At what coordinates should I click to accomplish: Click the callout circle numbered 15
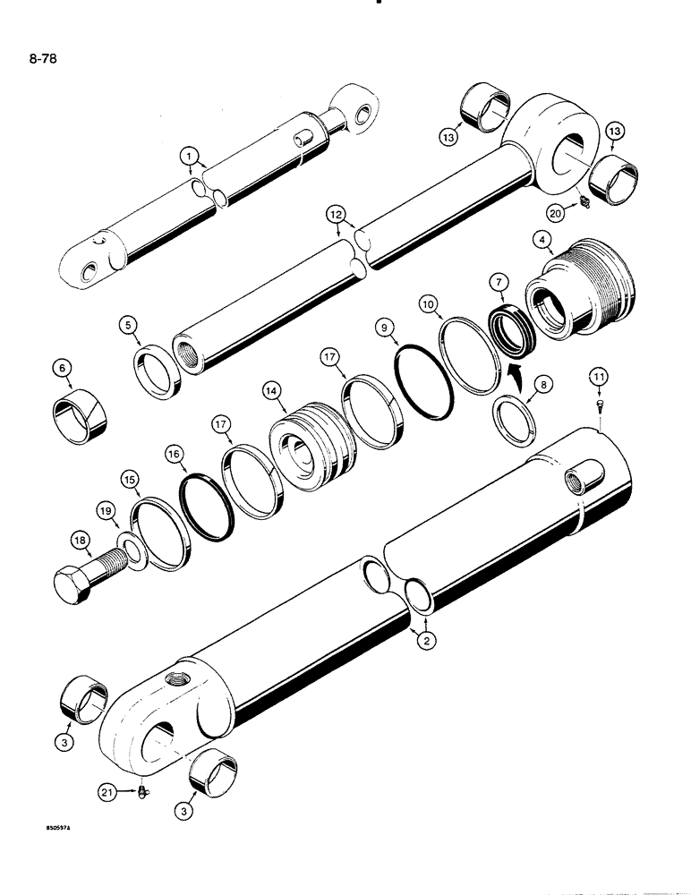coord(131,482)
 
